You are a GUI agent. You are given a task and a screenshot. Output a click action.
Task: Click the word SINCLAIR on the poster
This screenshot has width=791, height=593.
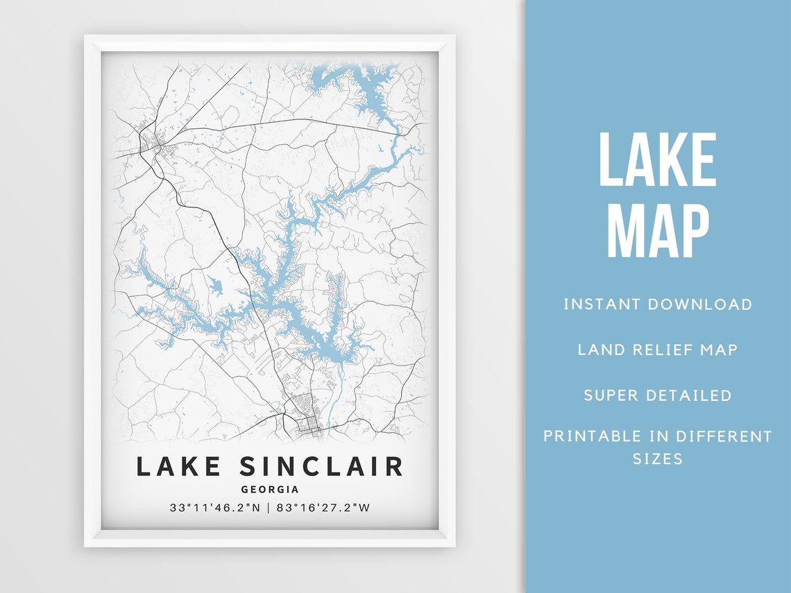[321, 466]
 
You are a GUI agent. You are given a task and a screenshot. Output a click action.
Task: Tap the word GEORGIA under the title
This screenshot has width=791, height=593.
[270, 489]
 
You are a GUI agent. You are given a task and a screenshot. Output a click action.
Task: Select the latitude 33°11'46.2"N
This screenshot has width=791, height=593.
[215, 507]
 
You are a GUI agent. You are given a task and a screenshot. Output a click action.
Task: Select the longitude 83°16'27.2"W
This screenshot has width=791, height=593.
[324, 507]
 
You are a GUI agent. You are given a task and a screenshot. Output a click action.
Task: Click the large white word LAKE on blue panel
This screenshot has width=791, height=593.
[657, 160]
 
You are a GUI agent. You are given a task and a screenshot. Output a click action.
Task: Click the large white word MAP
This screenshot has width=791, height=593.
[657, 230]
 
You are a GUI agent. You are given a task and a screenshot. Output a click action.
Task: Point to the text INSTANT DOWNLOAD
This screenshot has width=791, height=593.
[657, 304]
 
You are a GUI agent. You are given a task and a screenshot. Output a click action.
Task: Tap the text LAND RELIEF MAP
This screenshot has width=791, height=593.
[657, 349]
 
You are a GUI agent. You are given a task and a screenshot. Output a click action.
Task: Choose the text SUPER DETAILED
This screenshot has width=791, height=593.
[657, 395]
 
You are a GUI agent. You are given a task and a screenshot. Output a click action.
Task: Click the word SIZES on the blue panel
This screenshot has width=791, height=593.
[657, 458]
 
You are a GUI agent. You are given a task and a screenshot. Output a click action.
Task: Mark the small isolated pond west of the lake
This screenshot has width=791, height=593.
[214, 284]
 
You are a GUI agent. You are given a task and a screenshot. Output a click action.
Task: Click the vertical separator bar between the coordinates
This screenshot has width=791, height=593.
[269, 507]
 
